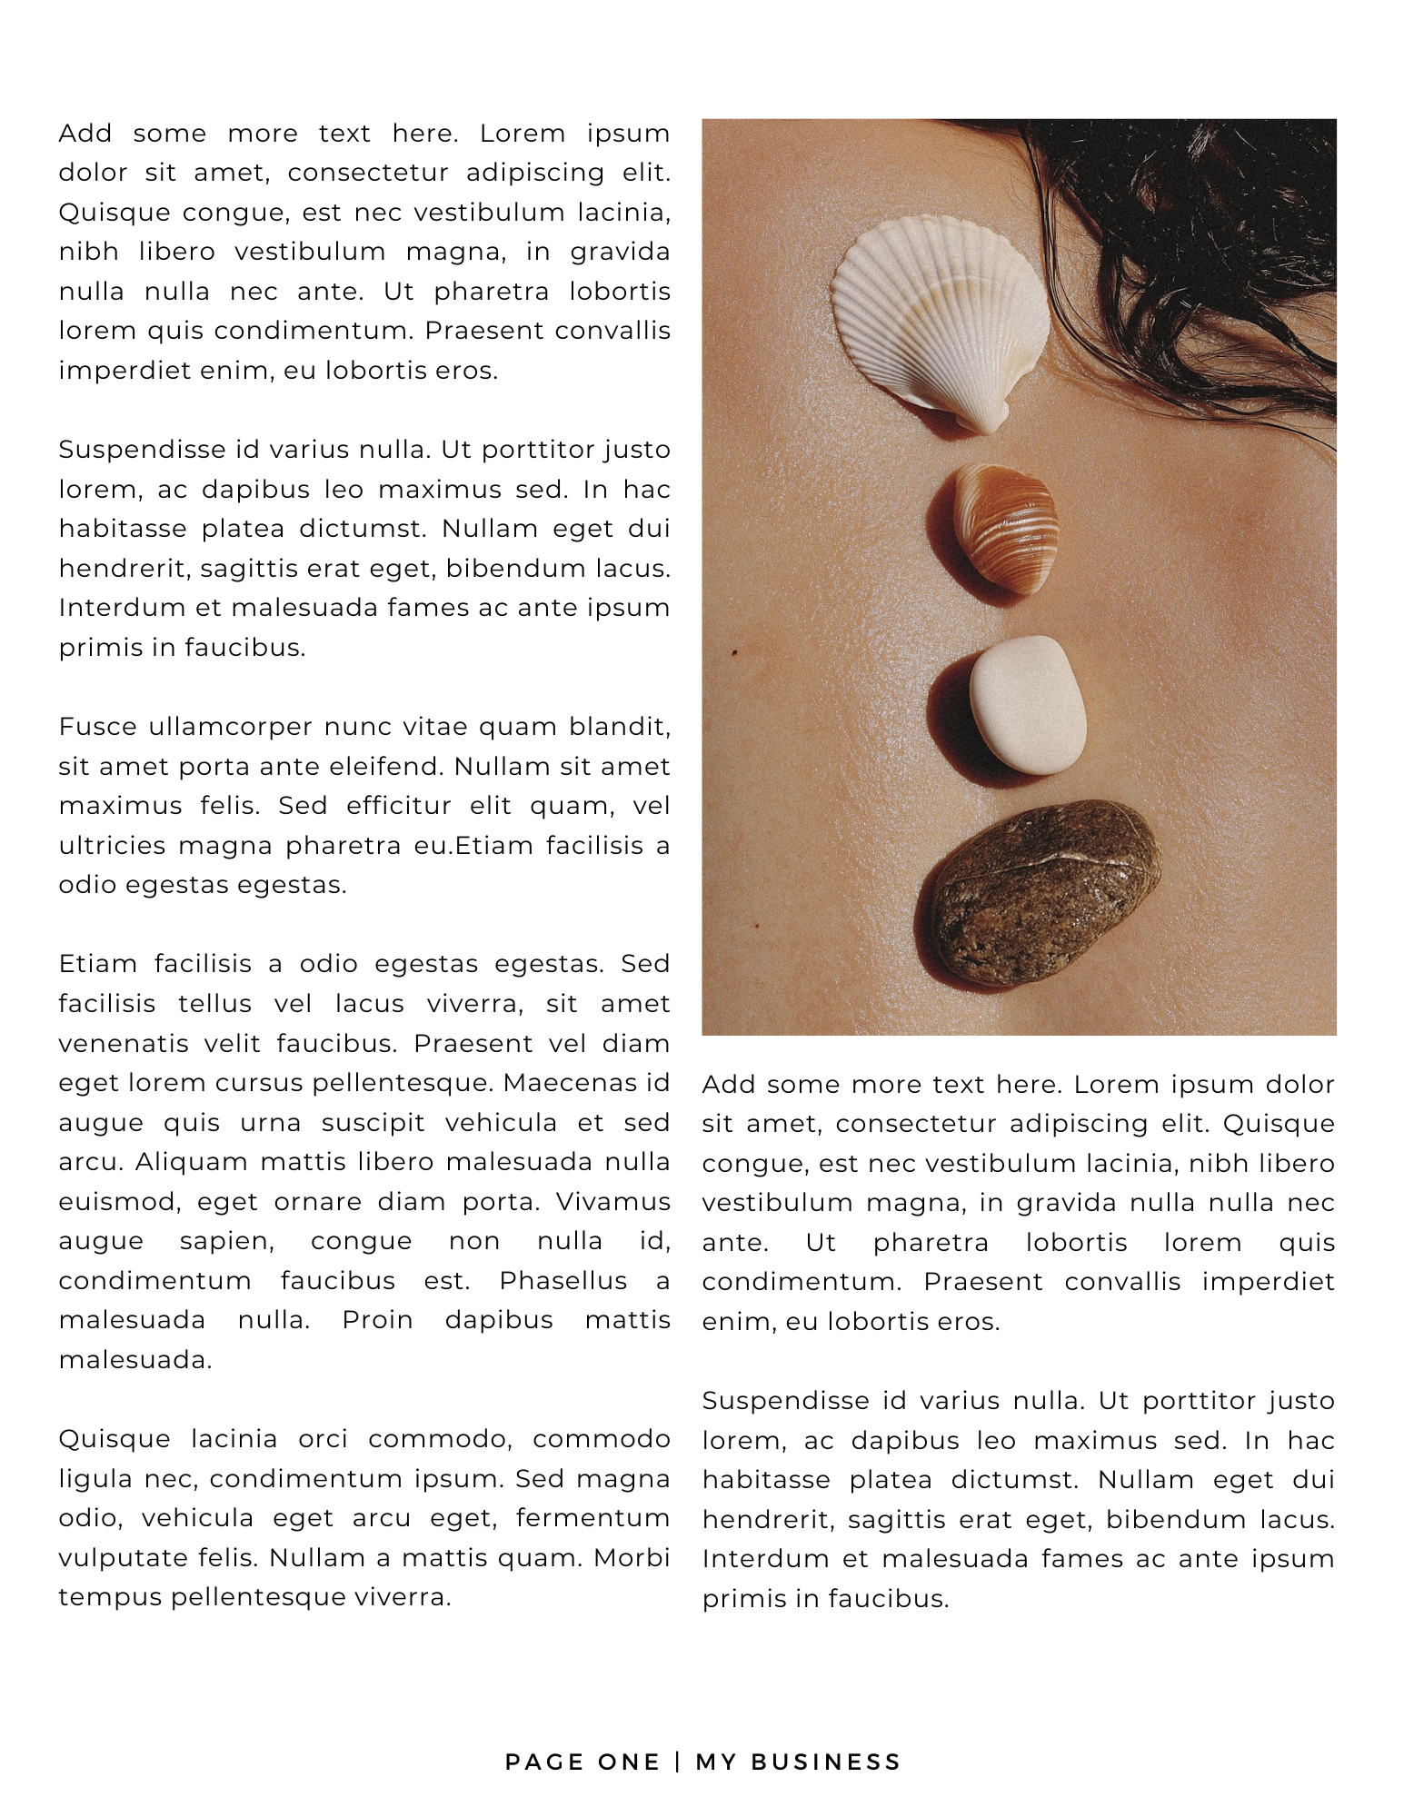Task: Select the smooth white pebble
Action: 1029,703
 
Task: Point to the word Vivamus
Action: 613,1201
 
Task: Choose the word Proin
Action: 377,1320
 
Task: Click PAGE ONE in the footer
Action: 583,1762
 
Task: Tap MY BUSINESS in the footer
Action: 798,1762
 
